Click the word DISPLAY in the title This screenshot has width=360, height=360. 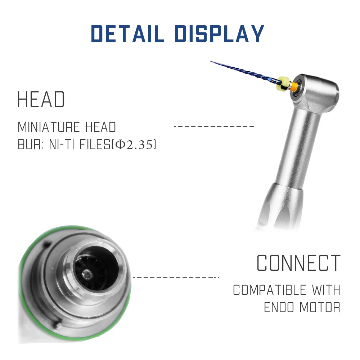[219, 34]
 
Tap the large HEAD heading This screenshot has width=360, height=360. [41, 100]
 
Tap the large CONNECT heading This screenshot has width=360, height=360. [298, 263]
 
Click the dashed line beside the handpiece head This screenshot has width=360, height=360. [214, 126]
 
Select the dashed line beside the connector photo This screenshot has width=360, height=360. [176, 277]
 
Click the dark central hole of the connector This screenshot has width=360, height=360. [85, 274]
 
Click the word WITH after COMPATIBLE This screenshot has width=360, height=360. [326, 290]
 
